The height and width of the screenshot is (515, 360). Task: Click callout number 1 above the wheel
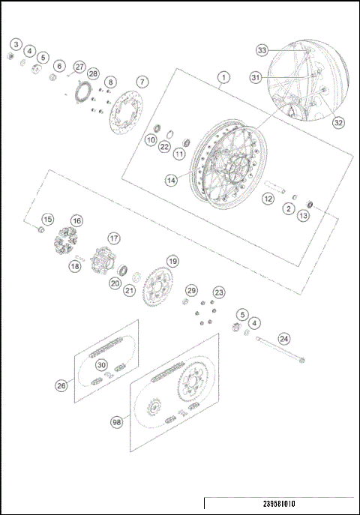pos(223,77)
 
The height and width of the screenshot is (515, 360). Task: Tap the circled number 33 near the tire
pos(262,50)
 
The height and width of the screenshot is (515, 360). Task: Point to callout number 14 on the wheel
pos(173,180)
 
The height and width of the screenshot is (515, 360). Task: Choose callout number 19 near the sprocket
pos(172,262)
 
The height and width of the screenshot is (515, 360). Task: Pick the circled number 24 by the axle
pos(284,338)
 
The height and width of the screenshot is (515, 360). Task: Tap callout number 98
pos(116,423)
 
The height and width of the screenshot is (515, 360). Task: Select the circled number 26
pos(62,385)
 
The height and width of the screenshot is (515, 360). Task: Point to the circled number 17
pos(113,238)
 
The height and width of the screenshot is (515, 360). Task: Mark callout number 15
pos(47,220)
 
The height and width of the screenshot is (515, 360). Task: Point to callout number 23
pos(219,292)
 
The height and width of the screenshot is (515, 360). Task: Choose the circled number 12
pos(268,199)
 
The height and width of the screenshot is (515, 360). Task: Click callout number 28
pos(93,73)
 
